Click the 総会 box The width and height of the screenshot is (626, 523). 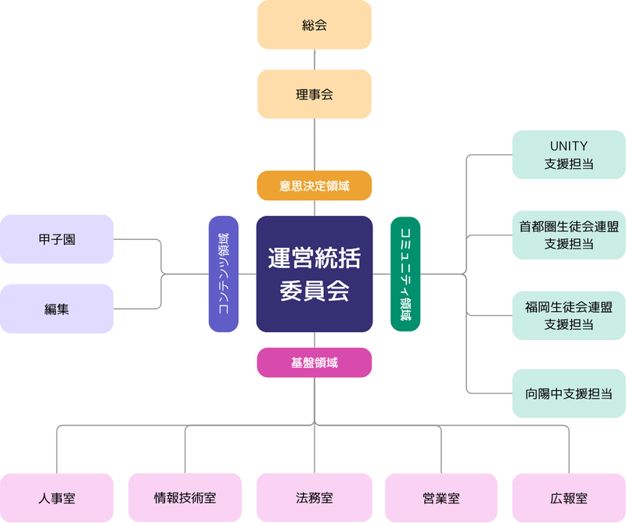(x=314, y=25)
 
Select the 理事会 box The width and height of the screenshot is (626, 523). (x=314, y=94)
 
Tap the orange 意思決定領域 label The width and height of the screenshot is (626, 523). (x=314, y=185)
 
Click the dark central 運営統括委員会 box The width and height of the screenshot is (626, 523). (x=314, y=274)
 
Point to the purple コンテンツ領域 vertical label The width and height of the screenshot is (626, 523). (x=223, y=274)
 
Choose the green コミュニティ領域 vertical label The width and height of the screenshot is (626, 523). (x=405, y=274)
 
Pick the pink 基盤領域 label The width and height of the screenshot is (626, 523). (x=314, y=363)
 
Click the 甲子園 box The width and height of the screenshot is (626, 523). (x=57, y=239)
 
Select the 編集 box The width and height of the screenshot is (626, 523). (x=57, y=309)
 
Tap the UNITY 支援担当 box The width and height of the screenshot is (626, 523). (x=569, y=155)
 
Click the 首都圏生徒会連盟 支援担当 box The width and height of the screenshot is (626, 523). (x=569, y=235)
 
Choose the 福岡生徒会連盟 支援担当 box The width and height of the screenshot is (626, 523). (x=569, y=315)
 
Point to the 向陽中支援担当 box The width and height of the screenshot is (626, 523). (x=569, y=392)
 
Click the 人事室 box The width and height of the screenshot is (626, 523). (x=57, y=498)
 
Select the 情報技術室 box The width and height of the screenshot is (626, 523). (x=185, y=498)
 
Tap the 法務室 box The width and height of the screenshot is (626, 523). (x=314, y=498)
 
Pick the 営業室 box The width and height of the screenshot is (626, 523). (x=441, y=498)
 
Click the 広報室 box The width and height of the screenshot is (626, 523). (x=569, y=498)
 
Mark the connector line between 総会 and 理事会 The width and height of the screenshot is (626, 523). (x=314, y=59)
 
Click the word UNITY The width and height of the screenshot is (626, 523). (x=569, y=146)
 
